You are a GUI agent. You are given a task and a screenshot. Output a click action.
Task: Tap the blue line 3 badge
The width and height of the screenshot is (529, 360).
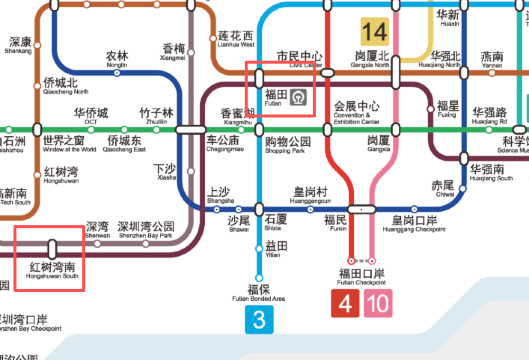pos(260,320)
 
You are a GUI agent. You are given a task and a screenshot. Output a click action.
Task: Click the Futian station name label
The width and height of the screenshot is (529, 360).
pos(275,98)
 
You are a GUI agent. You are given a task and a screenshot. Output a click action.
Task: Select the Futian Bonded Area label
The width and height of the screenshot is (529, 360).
pos(259,293)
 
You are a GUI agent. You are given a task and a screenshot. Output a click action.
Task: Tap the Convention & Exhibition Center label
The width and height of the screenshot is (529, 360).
pos(356,109)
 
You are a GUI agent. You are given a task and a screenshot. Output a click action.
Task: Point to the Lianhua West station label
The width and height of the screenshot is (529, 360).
pos(237,39)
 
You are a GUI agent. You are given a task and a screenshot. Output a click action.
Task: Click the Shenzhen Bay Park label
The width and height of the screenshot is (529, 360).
pos(146,230)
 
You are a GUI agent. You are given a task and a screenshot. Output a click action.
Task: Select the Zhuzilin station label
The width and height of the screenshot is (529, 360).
pos(156,116)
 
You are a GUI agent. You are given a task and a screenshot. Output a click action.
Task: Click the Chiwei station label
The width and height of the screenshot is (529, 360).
pos(442,189)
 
